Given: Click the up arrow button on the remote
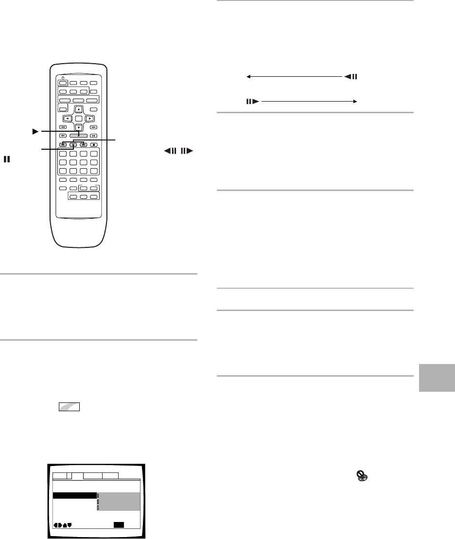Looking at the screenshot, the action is [x=78, y=109].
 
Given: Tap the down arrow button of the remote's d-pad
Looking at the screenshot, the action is [x=78, y=128].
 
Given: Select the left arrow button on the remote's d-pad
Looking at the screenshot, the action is [x=68, y=118].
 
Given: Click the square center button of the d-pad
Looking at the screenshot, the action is [x=78, y=118].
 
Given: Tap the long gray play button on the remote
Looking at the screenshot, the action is [x=78, y=136].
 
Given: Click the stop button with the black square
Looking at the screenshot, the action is [x=94, y=144].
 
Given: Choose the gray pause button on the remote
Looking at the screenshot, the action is [x=73, y=144].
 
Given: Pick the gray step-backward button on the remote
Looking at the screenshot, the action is [x=63, y=144].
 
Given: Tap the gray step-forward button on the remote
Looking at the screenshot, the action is [x=83, y=144].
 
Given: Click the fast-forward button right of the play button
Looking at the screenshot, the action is [x=94, y=136].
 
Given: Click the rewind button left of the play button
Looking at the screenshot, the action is [x=63, y=136].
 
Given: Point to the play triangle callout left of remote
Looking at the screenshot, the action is [x=34, y=131].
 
